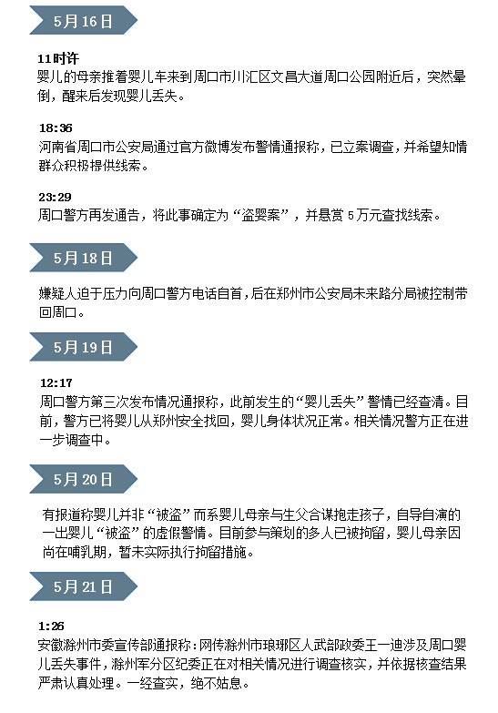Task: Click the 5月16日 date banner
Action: [x=83, y=20]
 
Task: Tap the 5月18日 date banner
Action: [x=83, y=258]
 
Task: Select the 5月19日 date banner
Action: [x=83, y=347]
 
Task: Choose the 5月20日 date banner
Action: [x=83, y=479]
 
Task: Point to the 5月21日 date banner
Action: [x=83, y=586]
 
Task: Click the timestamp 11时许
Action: [x=58, y=58]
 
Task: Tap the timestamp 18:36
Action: [x=56, y=127]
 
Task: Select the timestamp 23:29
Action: [x=55, y=197]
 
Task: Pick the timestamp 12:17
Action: [x=56, y=382]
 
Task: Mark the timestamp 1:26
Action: [x=51, y=626]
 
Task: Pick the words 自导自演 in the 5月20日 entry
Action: [x=422, y=514]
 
